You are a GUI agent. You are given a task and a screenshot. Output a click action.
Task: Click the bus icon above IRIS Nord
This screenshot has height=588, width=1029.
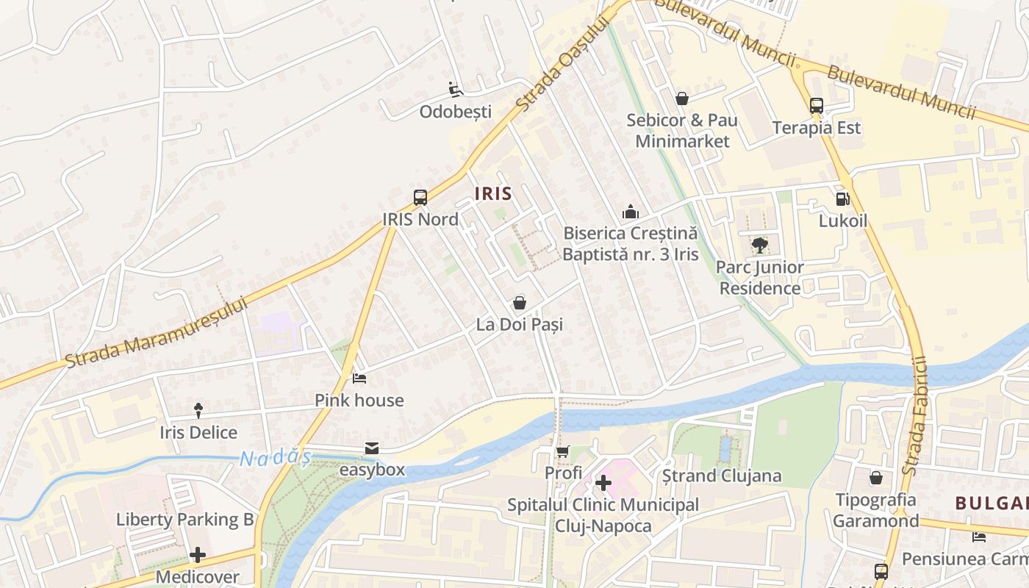coord(420,197)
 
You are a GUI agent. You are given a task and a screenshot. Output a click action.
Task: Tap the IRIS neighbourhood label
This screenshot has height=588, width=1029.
coord(493,193)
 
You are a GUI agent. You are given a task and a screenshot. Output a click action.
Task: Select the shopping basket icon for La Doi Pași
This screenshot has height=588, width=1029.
coord(520,303)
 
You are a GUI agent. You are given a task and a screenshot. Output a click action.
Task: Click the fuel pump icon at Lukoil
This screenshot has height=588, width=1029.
coord(843,198)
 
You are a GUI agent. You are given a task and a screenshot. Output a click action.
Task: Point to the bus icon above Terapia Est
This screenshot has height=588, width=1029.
coord(817,106)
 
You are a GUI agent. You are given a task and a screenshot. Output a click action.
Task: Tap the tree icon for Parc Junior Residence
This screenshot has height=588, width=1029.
coord(760,245)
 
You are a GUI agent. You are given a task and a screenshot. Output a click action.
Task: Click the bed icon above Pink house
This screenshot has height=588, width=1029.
coord(359,379)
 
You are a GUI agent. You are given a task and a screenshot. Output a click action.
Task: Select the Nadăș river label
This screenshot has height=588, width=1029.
coord(275,458)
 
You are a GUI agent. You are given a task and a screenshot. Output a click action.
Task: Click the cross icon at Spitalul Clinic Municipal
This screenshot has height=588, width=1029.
coord(603,483)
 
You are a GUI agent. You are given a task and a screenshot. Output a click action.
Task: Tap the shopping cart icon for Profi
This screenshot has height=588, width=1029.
coord(563,451)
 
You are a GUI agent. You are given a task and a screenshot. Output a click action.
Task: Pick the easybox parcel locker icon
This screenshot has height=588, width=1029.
coord(372,448)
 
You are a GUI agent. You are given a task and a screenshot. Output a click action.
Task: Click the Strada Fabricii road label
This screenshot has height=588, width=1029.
coord(916,415)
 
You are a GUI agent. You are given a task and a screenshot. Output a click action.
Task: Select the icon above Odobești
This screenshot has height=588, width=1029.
coord(455,90)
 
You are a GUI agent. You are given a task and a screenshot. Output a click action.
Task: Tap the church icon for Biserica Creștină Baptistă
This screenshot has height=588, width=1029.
coord(630,212)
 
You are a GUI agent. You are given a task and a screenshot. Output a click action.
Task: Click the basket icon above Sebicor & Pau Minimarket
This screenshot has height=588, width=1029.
coord(682,98)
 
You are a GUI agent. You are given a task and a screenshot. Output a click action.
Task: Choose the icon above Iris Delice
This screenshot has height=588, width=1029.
coord(198,410)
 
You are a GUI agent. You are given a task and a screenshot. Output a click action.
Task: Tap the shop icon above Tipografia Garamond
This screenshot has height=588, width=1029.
coord(876,478)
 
